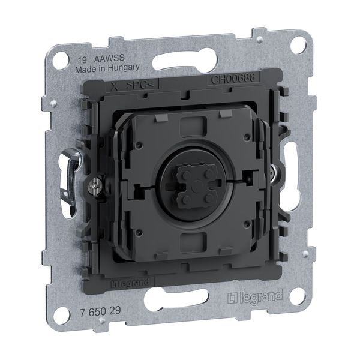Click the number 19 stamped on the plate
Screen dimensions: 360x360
78,60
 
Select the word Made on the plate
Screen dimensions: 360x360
83,69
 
